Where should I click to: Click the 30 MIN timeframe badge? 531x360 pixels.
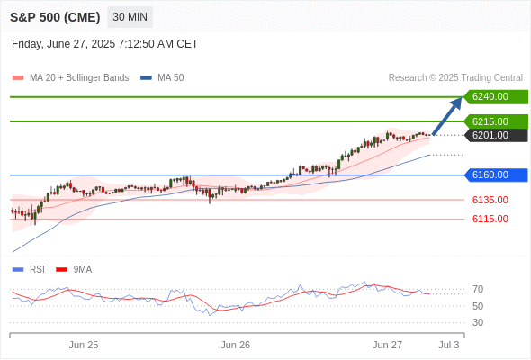click(x=130, y=17)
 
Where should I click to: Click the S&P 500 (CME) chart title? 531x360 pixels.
click(x=55, y=17)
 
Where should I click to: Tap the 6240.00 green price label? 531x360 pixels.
click(x=496, y=97)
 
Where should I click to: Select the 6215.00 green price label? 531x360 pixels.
click(x=496, y=121)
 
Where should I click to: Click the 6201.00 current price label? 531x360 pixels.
click(x=496, y=135)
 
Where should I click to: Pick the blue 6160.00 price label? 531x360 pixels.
click(x=496, y=175)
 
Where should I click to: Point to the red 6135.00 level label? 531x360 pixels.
click(x=490, y=200)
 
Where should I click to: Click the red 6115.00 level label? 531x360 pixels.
click(x=490, y=219)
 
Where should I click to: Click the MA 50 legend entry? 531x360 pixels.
click(x=162, y=78)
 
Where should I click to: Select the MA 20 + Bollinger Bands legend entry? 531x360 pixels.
click(x=70, y=78)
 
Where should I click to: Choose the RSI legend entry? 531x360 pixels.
click(x=29, y=269)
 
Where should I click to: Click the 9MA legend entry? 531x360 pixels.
click(x=74, y=269)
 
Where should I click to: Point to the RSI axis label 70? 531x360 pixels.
click(x=478, y=289)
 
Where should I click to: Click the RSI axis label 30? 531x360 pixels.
click(x=478, y=322)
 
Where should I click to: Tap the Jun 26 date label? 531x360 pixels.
click(x=236, y=345)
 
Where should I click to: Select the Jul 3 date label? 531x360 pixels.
click(x=449, y=345)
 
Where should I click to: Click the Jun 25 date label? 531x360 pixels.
click(x=84, y=345)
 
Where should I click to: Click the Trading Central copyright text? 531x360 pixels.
click(x=455, y=78)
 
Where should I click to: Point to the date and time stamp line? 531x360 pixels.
click(x=104, y=44)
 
